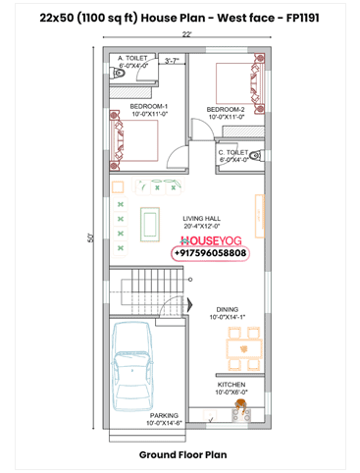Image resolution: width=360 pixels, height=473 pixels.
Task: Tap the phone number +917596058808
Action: pyautogui.click(x=210, y=252)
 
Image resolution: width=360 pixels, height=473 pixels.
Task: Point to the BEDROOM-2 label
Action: pyautogui.click(x=225, y=109)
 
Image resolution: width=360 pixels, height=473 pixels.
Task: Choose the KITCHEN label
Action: pyautogui.click(x=231, y=385)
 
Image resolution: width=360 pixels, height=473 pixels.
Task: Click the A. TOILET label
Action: pyautogui.click(x=132, y=58)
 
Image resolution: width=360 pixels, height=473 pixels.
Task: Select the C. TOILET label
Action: pyautogui.click(x=233, y=153)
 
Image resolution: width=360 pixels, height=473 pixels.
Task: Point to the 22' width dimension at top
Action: pyautogui.click(x=186, y=34)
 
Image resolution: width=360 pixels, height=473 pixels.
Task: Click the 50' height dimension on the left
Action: pyautogui.click(x=91, y=236)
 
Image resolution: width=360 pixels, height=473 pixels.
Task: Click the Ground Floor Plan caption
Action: pyautogui.click(x=182, y=455)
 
